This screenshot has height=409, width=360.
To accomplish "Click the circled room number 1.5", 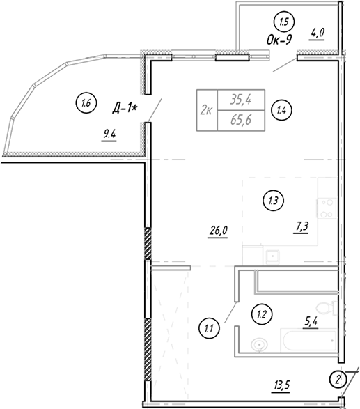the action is pos(284,22).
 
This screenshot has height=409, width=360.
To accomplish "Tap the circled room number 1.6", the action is pos(86,103).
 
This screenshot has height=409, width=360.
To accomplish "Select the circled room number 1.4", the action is pos(281,110).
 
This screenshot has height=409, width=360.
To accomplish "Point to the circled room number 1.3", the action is pos(273,201).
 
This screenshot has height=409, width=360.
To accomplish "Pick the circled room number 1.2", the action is pos(261,314).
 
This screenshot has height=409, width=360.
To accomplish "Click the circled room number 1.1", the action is pos(209,328).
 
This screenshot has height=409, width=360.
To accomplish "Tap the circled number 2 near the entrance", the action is pos(337,379).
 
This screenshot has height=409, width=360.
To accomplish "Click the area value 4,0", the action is pos(318,33).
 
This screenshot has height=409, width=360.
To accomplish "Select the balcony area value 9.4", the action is pos(109,135).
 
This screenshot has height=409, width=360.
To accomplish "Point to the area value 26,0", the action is pos(218,231).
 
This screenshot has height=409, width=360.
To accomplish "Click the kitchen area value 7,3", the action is pos(302,226).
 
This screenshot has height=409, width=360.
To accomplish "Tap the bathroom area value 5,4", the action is pos(311,322).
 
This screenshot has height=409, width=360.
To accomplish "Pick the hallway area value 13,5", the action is pos(281,385).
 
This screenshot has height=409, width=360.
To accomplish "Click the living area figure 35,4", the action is pos(241,100).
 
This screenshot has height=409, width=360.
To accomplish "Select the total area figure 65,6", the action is pos(241,121).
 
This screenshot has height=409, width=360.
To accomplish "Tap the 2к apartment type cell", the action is pos(206,111).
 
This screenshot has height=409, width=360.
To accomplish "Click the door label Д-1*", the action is pos(125,109).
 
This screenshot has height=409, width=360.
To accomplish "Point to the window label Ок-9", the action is pos(279,40).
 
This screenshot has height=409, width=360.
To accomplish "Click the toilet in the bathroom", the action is pos(327,307).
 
